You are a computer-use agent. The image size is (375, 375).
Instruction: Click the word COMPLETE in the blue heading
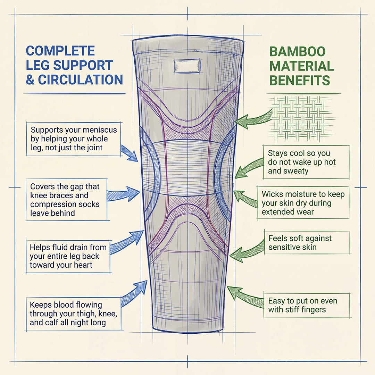tap(60, 51)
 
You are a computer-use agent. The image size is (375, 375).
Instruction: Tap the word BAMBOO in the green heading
tap(298, 52)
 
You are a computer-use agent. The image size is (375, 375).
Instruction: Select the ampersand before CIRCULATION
tap(30, 80)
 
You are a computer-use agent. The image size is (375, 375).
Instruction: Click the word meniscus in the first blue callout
tap(99, 130)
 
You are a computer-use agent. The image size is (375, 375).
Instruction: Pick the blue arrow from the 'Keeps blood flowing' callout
tap(134, 292)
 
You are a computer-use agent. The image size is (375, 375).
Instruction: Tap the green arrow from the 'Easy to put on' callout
tap(245, 295)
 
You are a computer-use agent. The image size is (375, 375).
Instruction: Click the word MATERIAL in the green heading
tap(301, 66)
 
